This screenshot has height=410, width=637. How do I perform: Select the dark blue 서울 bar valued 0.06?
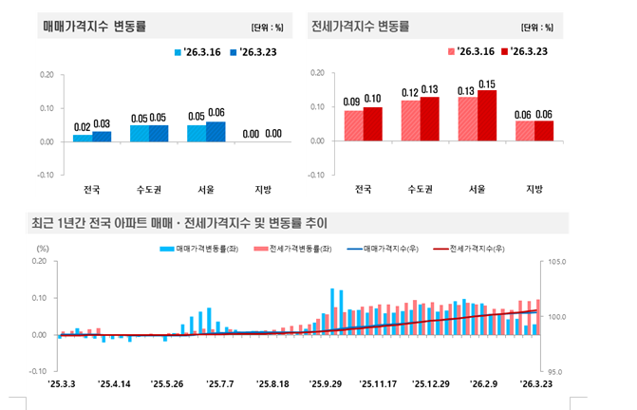coord(215,132)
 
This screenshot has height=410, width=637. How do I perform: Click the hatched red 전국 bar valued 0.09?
coord(353,125)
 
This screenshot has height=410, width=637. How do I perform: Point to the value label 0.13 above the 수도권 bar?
coord(430,89)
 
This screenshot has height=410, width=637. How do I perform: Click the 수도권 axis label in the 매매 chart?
coord(149,189)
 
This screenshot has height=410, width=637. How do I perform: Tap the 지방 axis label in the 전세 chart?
coord(534,188)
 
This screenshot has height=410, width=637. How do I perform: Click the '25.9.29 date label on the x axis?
coord(326,384)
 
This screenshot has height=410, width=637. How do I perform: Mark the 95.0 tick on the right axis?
coord(555,372)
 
